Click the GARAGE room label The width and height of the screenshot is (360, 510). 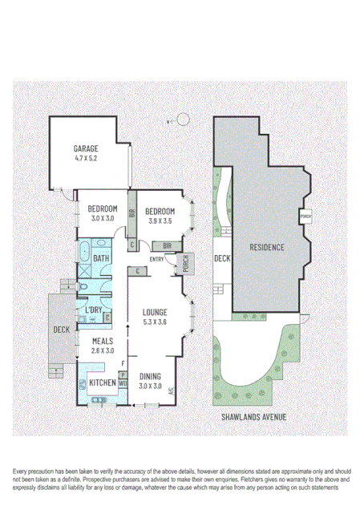pos(86,149)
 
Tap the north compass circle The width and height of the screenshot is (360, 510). pos(183,120)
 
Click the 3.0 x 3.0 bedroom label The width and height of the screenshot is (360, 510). pos(102,209)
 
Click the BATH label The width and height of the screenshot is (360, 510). pos(101,258)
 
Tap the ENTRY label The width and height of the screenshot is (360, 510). pos(156,258)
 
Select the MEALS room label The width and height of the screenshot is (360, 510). pos(103,340)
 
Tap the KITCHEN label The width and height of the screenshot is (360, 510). pos(102,382)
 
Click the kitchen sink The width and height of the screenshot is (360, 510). pos(100,399)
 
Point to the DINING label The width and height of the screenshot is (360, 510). pos(150,376)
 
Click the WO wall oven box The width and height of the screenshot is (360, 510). pos(123,383)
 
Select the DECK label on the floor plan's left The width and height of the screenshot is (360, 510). pos(61,330)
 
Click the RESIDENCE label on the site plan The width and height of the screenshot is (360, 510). pos(266,247)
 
